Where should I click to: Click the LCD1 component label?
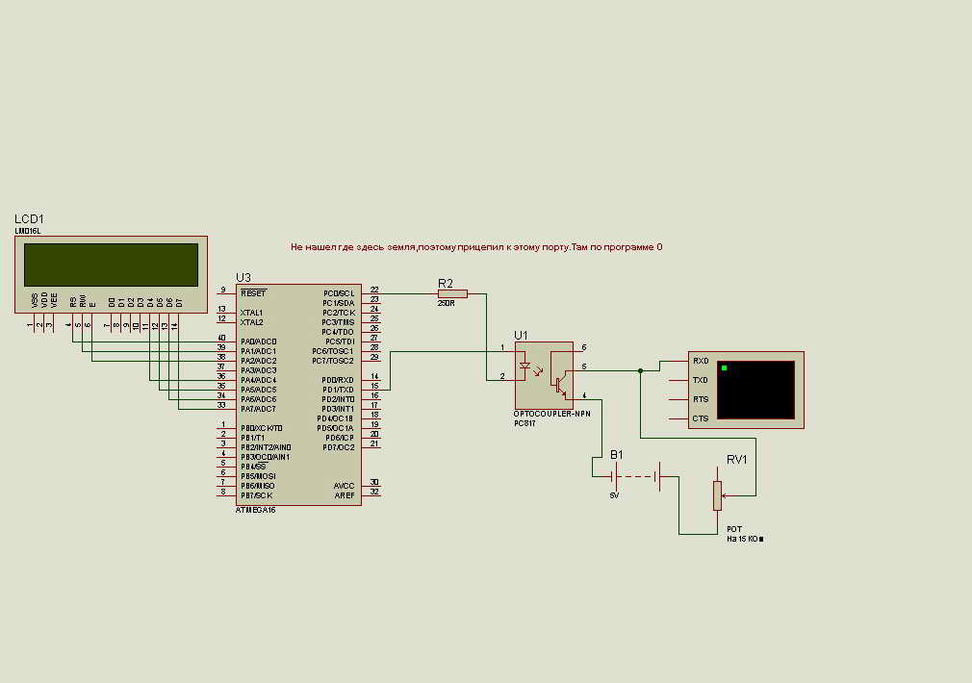pyautogui.click(x=29, y=219)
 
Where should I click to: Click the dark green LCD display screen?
pyautogui.click(x=111, y=265)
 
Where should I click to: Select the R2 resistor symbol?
pyautogui.click(x=452, y=293)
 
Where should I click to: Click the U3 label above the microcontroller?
pyautogui.click(x=243, y=278)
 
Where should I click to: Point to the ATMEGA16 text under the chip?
pyautogui.click(x=255, y=510)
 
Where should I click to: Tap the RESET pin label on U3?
pyautogui.click(x=253, y=292)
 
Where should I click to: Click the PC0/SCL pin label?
pyautogui.click(x=339, y=292)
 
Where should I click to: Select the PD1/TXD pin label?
pyautogui.click(x=339, y=389)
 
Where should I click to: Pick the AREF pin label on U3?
pyautogui.click(x=345, y=494)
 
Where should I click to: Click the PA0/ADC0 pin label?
pyautogui.click(x=259, y=341)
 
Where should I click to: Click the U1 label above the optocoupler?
pyautogui.click(x=521, y=335)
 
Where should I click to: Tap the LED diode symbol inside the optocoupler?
pyautogui.click(x=524, y=366)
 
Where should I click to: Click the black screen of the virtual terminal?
pyautogui.click(x=756, y=390)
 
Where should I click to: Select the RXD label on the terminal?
pyautogui.click(x=701, y=361)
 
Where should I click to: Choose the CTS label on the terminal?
pyautogui.click(x=701, y=418)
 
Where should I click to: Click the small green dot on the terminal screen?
pyautogui.click(x=725, y=368)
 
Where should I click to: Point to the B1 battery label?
pyautogui.click(x=616, y=454)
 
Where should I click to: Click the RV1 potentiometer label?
pyautogui.click(x=737, y=459)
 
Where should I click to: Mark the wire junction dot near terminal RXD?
pyautogui.click(x=640, y=370)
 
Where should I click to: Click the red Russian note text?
pyautogui.click(x=476, y=247)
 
